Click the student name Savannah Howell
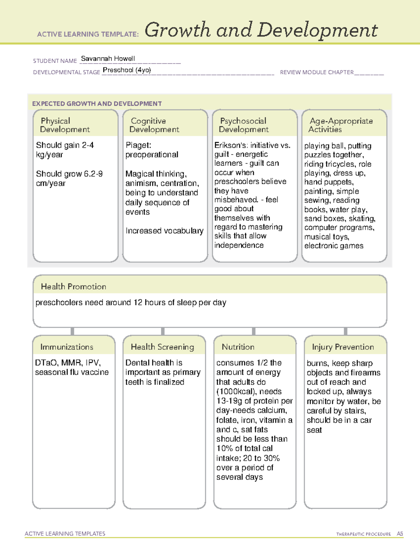tap(108, 58)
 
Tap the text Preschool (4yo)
tap(127, 70)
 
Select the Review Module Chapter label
tap(317, 72)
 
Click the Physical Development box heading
tap(65, 125)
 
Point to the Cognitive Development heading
tap(154, 125)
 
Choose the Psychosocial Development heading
tap(244, 125)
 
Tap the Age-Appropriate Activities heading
tap(341, 125)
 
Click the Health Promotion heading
tap(73, 287)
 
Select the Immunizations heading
tap(66, 347)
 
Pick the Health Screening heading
tap(162, 347)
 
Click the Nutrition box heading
tap(238, 347)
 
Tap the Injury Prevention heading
tap(343, 347)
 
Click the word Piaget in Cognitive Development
tap(138, 145)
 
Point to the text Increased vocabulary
tap(164, 231)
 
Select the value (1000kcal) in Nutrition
tap(235, 392)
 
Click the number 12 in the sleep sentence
tap(138, 302)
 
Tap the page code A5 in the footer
tap(400, 534)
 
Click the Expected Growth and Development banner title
tap(97, 104)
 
